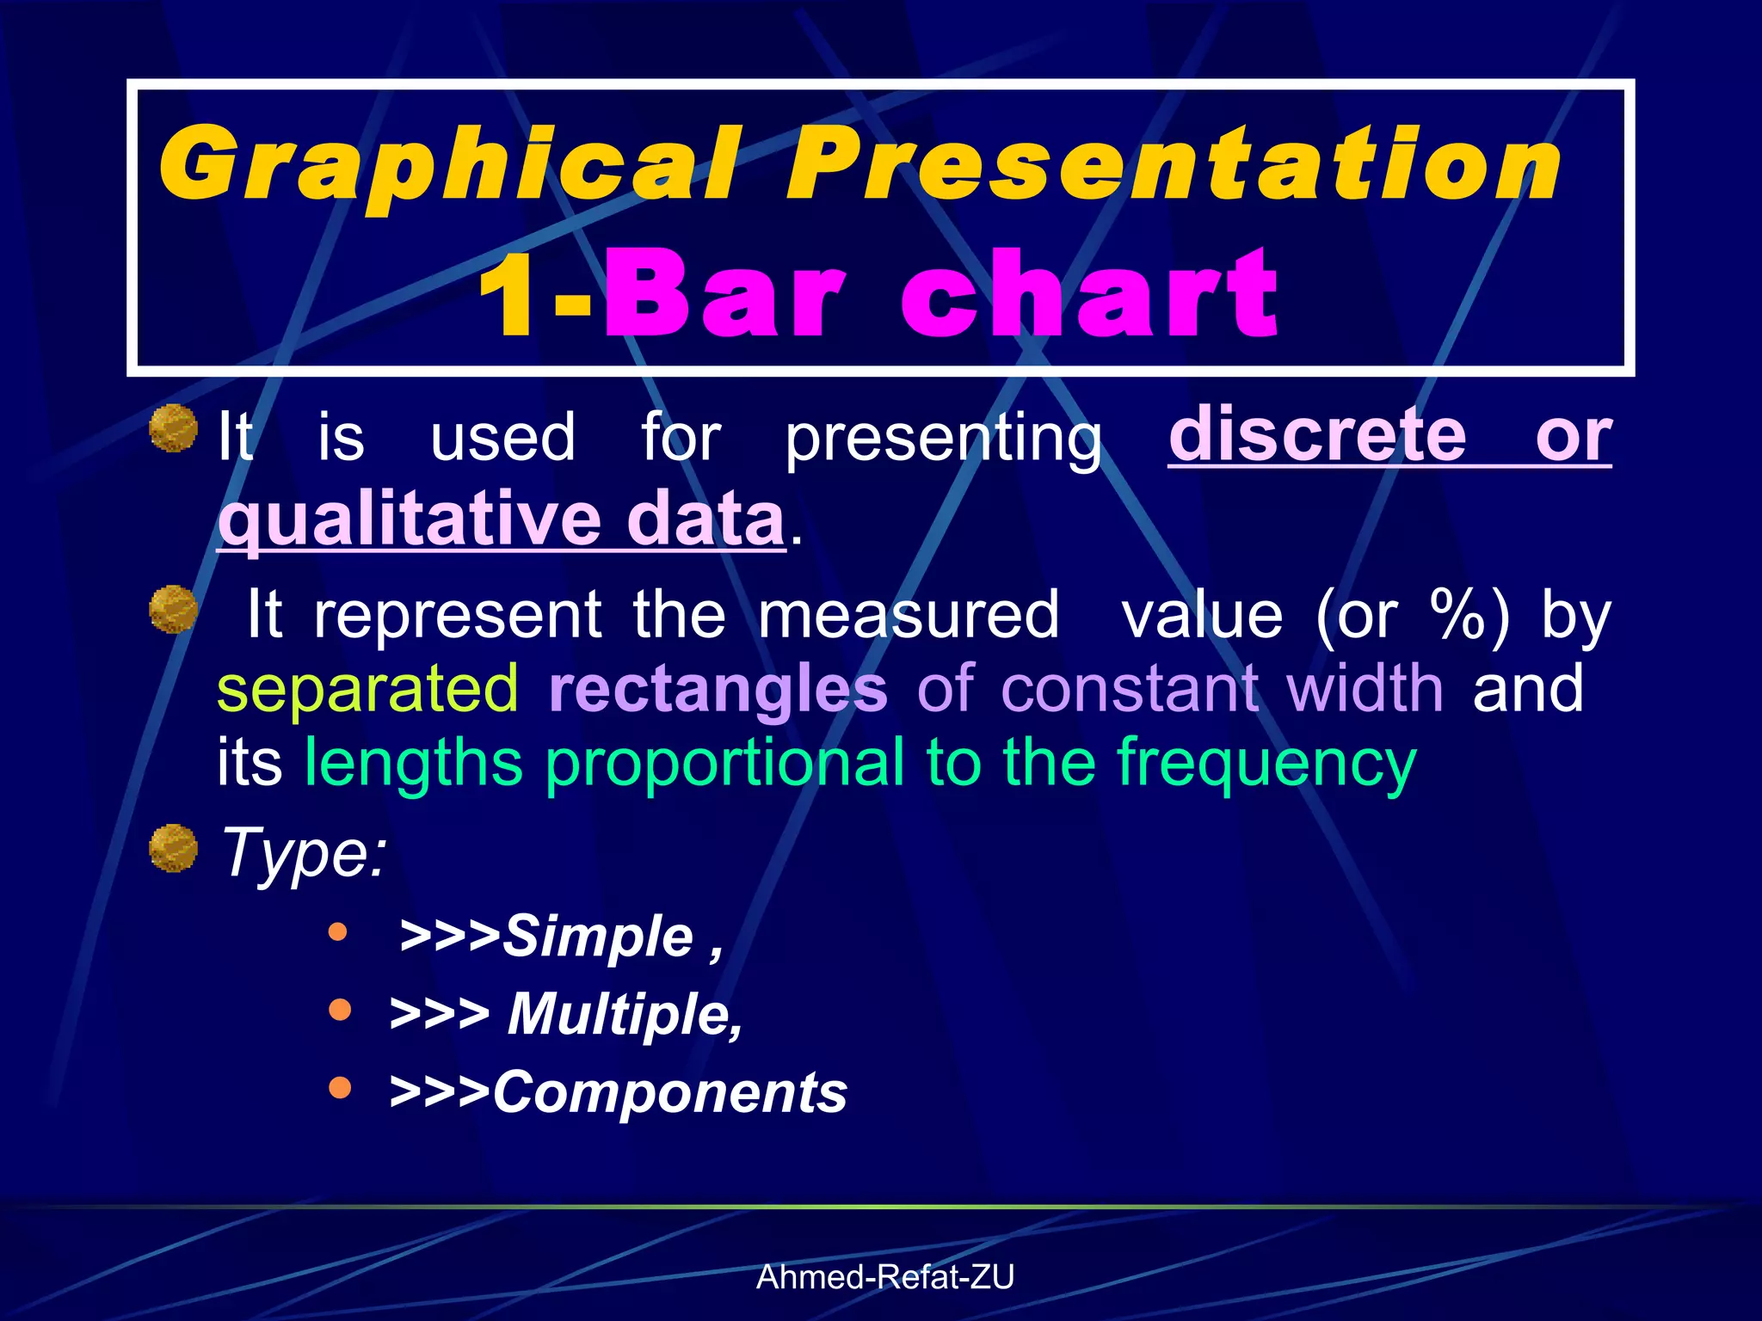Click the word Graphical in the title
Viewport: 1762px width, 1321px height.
pos(447,163)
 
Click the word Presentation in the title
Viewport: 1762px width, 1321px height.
pos(1174,163)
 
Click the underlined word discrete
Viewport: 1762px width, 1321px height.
pos(1317,435)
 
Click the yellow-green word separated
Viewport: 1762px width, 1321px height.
pos(367,688)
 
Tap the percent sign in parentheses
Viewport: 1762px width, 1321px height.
pos(1457,614)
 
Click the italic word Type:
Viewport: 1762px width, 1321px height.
pos(304,851)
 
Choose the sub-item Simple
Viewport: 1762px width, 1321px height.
pos(597,936)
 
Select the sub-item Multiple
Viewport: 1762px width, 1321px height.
pos(624,1014)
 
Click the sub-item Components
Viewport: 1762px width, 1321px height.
pos(669,1092)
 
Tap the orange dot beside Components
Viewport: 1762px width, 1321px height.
pos(341,1088)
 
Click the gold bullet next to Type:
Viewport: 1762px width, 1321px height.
pos(174,848)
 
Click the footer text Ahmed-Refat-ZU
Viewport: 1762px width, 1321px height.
pos(884,1277)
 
